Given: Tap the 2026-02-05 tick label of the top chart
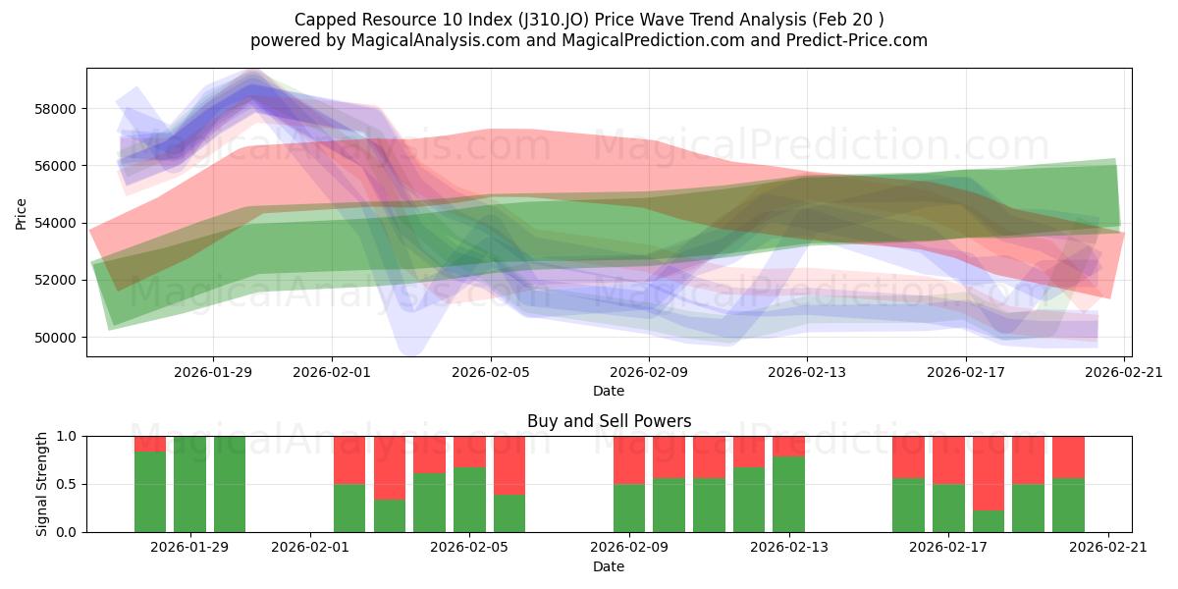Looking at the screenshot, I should pyautogui.click(x=491, y=372).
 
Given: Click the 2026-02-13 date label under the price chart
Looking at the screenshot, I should pyautogui.click(x=807, y=372).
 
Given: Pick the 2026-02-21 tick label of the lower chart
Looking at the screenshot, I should pyautogui.click(x=1108, y=548).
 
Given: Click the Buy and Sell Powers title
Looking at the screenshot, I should pyautogui.click(x=609, y=421).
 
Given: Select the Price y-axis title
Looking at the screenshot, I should pyautogui.click(x=22, y=213).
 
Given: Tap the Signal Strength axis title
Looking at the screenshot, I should pyautogui.click(x=41, y=484).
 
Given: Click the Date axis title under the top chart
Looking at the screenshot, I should pyautogui.click(x=609, y=391).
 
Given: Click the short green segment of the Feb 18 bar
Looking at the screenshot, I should pyautogui.click(x=989, y=521).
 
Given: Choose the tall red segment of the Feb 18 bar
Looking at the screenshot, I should pyautogui.click(x=989, y=472).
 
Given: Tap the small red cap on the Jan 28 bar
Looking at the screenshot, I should pyautogui.click(x=150, y=444).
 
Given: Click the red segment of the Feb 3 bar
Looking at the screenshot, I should pyautogui.click(x=390, y=467).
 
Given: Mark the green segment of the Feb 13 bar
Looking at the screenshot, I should pyautogui.click(x=788, y=494).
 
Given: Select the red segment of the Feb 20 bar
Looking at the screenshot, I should pyautogui.click(x=1068, y=456).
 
